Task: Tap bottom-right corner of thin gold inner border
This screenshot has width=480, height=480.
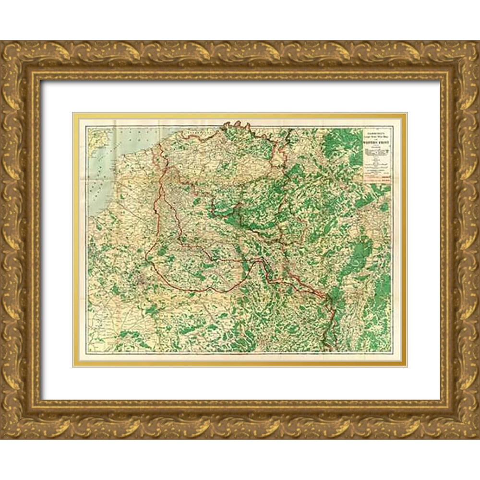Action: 406,366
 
